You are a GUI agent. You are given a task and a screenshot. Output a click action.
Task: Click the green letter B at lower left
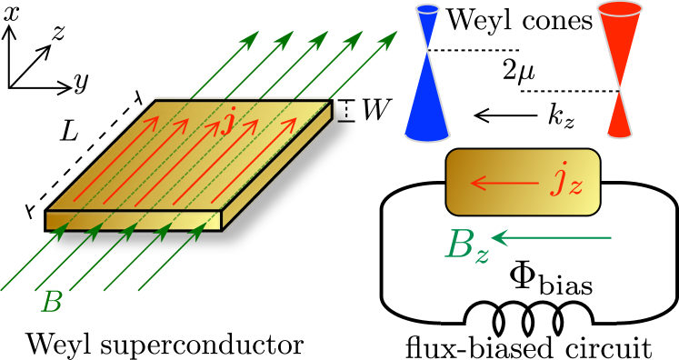(52, 302)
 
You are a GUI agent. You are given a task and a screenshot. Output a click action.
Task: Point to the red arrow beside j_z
(504, 184)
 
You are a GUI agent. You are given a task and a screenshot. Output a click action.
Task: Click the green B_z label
(466, 245)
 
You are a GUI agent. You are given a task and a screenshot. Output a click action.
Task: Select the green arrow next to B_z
(551, 238)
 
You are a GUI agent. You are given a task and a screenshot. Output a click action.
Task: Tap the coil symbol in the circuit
(528, 318)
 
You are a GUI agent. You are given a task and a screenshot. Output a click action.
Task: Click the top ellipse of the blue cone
(427, 9)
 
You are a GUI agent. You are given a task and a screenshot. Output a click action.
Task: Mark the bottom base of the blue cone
(427, 136)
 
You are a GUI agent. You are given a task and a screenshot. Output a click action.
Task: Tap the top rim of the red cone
(620, 9)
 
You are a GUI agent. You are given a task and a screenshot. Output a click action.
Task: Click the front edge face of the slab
(134, 220)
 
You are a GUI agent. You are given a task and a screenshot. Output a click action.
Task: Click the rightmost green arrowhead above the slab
(389, 39)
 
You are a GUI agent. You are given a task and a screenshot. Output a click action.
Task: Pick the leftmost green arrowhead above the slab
(251, 39)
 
